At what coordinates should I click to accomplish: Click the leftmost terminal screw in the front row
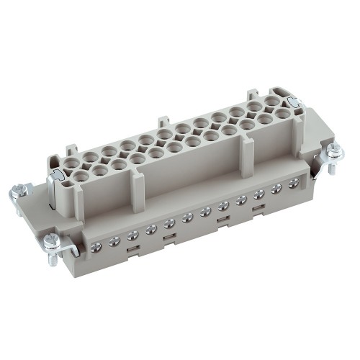(x=96, y=248)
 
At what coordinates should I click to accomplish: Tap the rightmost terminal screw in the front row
(x=293, y=184)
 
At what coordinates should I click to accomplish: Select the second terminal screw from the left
(x=114, y=242)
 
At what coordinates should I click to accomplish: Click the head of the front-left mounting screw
(x=53, y=240)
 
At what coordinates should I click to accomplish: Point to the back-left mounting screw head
(x=20, y=191)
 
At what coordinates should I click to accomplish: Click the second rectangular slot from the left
(x=168, y=238)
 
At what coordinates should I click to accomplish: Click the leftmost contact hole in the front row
(x=77, y=173)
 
